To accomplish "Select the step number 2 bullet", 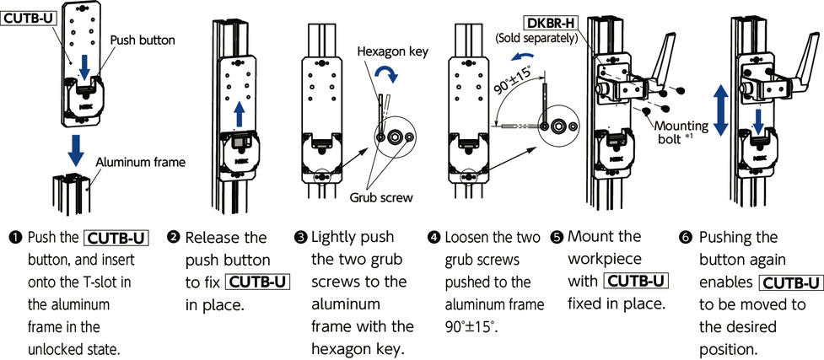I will tap(172, 238).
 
